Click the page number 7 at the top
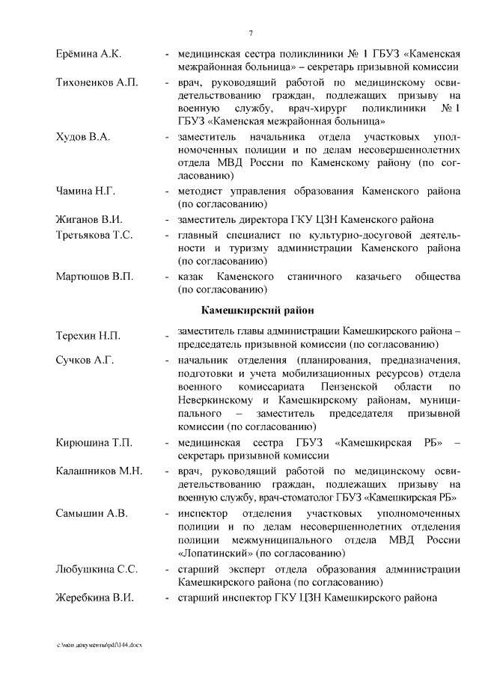pos(251,32)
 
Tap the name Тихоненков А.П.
pos(97,82)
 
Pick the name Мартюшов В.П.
pos(94,277)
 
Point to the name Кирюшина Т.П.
pos(94,443)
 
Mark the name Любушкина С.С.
pos(97,569)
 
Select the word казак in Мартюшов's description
pos(192,277)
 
